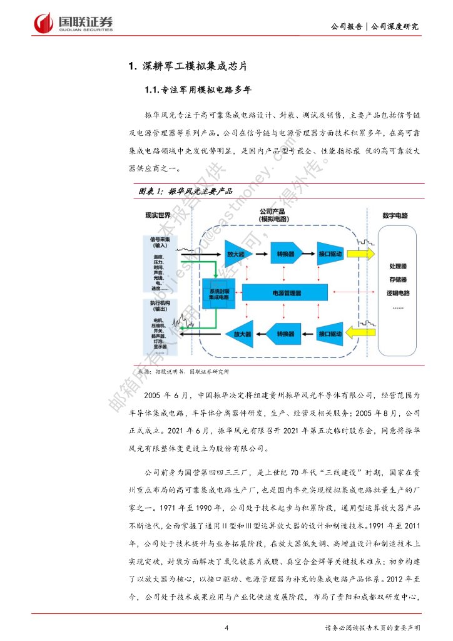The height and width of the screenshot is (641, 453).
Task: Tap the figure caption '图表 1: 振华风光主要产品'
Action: point(185,190)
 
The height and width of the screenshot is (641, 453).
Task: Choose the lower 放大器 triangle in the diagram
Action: point(238,334)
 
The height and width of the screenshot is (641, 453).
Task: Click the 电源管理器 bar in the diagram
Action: point(287,292)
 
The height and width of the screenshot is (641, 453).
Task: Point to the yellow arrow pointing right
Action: point(362,254)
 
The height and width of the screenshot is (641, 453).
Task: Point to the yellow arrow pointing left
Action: point(361,332)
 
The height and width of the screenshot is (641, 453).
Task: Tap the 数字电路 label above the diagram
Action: point(395,216)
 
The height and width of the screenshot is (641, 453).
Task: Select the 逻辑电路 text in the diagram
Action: point(397,293)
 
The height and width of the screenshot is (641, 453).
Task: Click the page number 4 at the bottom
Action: point(227,628)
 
